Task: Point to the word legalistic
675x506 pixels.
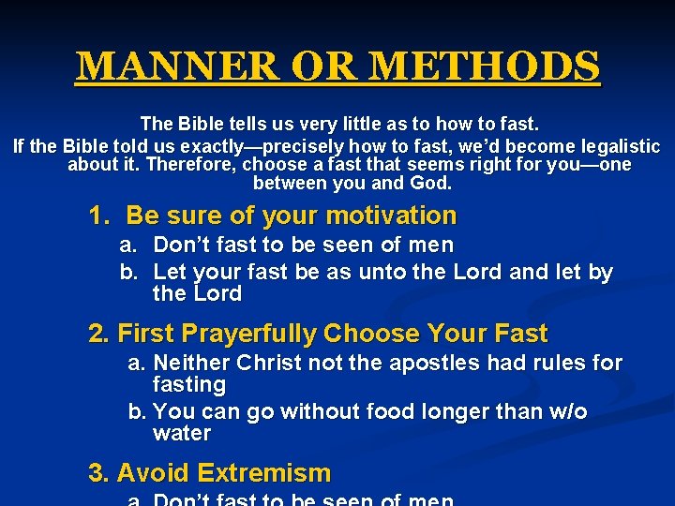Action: pyautogui.click(x=614, y=146)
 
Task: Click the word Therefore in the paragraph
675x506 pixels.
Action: pyautogui.click(x=190, y=165)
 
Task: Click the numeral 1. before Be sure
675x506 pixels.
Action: pyautogui.click(x=100, y=216)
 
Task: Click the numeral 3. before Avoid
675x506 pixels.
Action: pyautogui.click(x=99, y=472)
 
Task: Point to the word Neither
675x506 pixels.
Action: pyautogui.click(x=192, y=363)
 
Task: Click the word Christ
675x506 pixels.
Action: pyautogui.click(x=274, y=363)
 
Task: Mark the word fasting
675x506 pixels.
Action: pyautogui.click(x=188, y=385)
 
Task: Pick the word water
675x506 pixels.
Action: pyautogui.click(x=181, y=434)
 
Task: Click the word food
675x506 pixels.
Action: pyautogui.click(x=342, y=411)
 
